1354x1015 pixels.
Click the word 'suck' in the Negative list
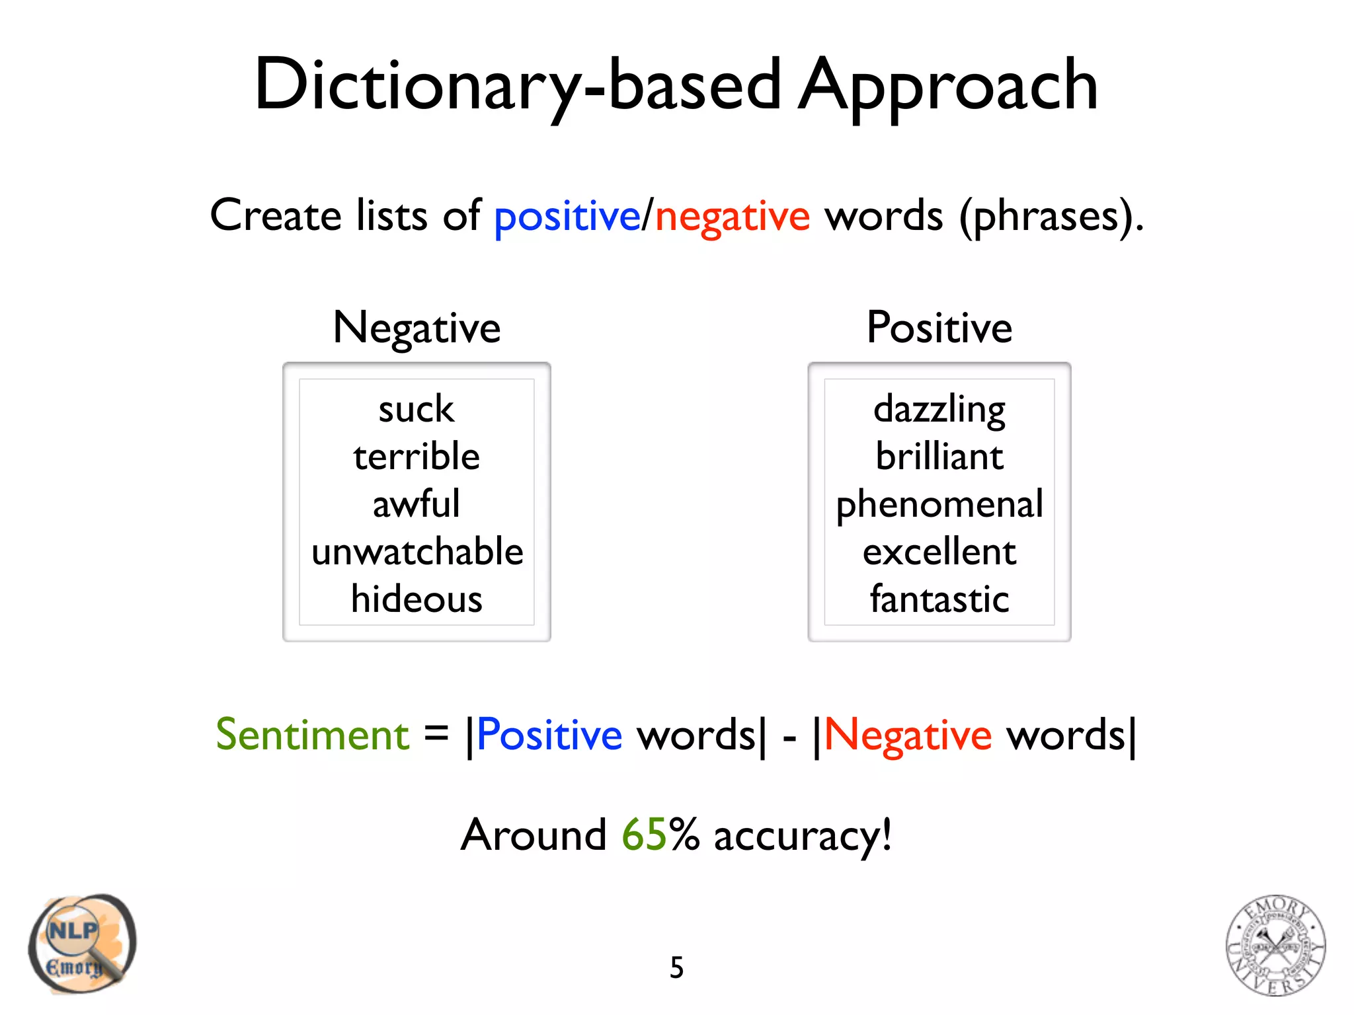click(x=417, y=410)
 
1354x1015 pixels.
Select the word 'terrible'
click(x=417, y=457)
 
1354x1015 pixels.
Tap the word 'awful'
click(x=417, y=504)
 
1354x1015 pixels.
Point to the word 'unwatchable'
click(x=417, y=552)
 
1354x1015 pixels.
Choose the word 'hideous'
click(x=417, y=599)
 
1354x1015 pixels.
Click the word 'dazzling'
click(x=939, y=410)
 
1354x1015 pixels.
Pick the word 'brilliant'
click(x=939, y=457)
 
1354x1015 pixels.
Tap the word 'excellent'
click(x=939, y=552)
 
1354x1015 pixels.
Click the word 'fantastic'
click(x=939, y=599)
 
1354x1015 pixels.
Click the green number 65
click(x=644, y=835)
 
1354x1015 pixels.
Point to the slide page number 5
click(x=676, y=968)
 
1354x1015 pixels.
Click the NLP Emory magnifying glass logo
click(x=82, y=944)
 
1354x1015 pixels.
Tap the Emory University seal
click(x=1275, y=945)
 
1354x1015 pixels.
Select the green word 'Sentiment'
click(x=313, y=735)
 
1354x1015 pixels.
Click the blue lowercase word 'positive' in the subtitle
click(x=567, y=217)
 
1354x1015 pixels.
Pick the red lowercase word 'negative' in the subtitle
click(x=732, y=217)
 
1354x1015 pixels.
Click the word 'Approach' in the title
click(x=949, y=86)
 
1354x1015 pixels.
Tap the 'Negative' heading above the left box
click(x=417, y=328)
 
